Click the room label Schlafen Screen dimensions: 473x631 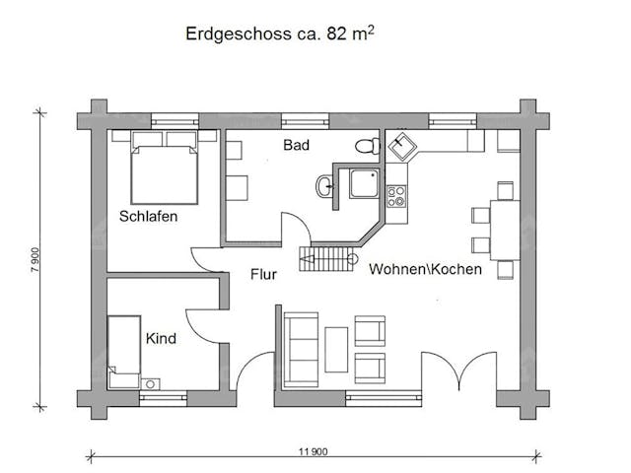pyautogui.click(x=149, y=216)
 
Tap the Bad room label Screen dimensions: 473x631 pyautogui.click(x=296, y=146)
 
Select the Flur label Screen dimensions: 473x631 pyautogui.click(x=263, y=275)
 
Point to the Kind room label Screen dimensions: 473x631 pyautogui.click(x=161, y=339)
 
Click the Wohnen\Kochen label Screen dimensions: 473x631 pyautogui.click(x=425, y=269)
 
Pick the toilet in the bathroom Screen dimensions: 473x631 pyautogui.click(x=368, y=146)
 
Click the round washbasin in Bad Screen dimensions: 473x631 pyautogui.click(x=326, y=183)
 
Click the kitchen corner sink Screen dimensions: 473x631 pyautogui.click(x=403, y=149)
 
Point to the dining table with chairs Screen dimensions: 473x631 pyautogui.click(x=504, y=227)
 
